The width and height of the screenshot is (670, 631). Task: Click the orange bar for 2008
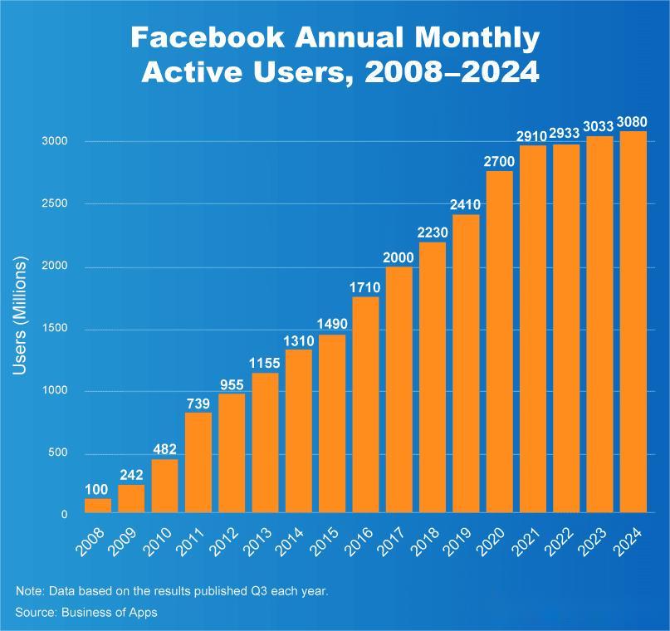[97, 505]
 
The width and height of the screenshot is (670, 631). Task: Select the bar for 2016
[365, 404]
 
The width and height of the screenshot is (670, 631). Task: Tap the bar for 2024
[633, 322]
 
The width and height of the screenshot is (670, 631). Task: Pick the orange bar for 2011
[198, 462]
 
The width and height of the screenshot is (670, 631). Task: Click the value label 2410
[466, 203]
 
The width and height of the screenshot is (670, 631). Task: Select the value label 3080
[633, 123]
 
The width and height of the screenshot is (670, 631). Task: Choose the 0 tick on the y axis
[64, 515]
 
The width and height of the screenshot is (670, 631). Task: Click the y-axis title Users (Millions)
[21, 315]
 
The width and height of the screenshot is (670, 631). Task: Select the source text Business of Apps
[108, 612]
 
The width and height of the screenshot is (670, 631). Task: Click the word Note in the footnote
[28, 591]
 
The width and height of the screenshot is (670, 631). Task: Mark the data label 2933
[566, 134]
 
